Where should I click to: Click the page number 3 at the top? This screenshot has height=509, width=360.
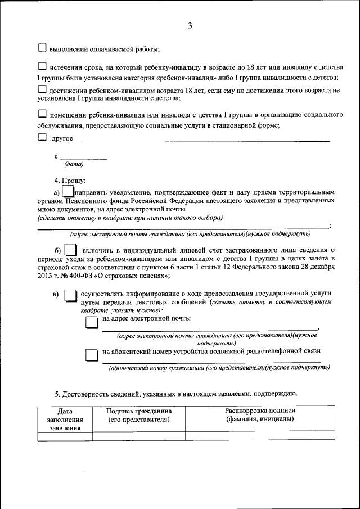tap(190, 26)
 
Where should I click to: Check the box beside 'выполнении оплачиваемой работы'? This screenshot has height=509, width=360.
tap(42, 48)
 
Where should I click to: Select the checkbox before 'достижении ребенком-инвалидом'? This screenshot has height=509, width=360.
tap(42, 89)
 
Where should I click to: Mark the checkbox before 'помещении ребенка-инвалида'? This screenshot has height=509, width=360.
tap(42, 115)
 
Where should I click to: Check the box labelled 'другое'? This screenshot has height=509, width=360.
tap(42, 137)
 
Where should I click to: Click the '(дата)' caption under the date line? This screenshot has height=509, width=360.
tap(74, 164)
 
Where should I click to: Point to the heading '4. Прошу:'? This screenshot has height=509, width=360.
tap(70, 181)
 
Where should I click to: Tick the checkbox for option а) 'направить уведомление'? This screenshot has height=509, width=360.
tap(66, 192)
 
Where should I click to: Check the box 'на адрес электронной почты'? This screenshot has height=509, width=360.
tap(91, 322)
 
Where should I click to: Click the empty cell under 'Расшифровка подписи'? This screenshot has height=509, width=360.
tap(260, 435)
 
